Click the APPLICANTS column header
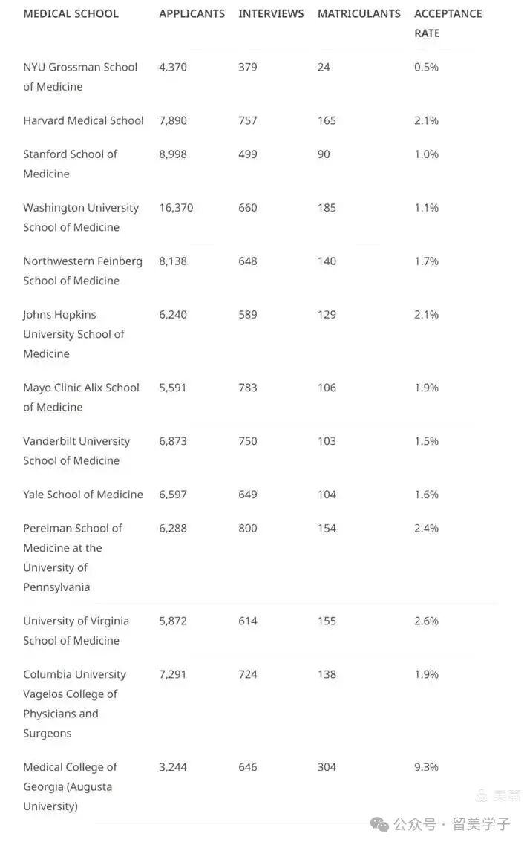[192, 13]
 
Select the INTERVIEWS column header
[271, 13]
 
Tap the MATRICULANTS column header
[359, 13]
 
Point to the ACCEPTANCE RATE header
[448, 23]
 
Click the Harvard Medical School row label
[83, 120]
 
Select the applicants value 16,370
[176, 208]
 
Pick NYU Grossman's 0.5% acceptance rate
[426, 67]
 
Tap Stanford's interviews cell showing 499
[248, 154]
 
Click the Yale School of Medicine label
[82, 495]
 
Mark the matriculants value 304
[327, 767]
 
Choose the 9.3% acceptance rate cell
[426, 767]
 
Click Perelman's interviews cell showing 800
[248, 529]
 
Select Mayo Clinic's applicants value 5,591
[173, 388]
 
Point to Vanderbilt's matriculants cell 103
[327, 441]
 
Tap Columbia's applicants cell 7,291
[173, 674]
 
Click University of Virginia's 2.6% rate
[426, 621]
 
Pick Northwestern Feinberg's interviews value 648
[248, 261]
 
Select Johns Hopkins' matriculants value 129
[327, 315]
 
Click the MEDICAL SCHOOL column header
[71, 13]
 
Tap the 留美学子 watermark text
[482, 824]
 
